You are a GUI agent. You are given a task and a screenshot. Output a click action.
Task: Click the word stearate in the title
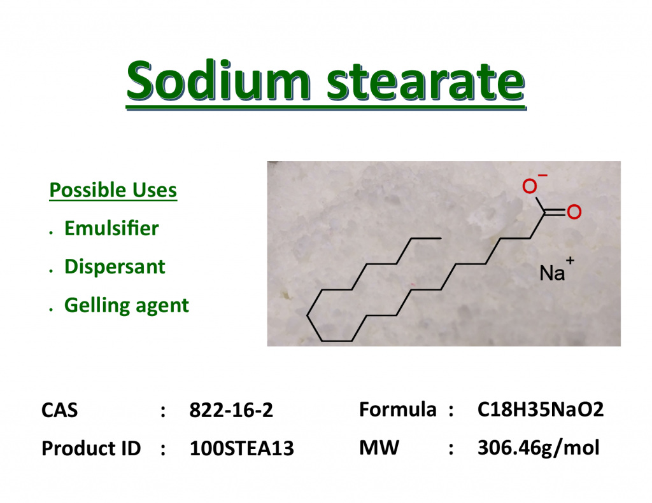tap(425, 81)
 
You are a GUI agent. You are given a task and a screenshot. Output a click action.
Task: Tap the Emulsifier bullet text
tap(111, 228)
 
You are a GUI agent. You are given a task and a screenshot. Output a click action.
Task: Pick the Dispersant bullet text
tap(115, 266)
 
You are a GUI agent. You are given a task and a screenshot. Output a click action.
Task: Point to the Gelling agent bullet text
tap(127, 305)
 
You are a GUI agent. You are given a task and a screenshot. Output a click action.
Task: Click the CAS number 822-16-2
tap(231, 410)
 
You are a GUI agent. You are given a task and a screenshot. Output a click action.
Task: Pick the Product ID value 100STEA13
tap(242, 448)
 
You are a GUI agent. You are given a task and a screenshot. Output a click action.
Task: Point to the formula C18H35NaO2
tap(541, 409)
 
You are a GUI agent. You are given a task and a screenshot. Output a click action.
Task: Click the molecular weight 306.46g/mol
tap(539, 448)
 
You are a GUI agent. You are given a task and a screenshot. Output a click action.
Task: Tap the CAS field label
tap(59, 410)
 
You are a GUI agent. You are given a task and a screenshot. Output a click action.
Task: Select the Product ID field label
tap(91, 448)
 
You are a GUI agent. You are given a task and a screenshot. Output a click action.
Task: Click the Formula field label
tap(398, 409)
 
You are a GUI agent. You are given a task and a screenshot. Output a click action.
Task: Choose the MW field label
tap(379, 448)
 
